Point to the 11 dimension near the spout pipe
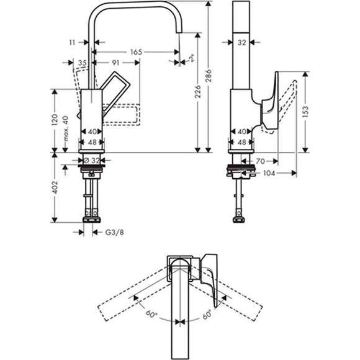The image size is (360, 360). click(73, 42)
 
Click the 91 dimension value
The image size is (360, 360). click(115, 62)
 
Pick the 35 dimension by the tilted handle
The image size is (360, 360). click(82, 62)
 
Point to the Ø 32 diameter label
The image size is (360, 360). click(92, 160)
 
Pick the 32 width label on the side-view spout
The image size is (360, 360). click(243, 42)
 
